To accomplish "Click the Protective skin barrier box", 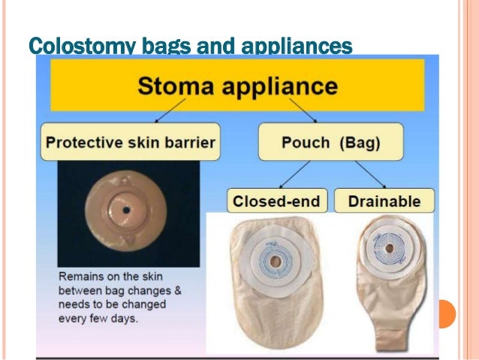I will tap(130, 142).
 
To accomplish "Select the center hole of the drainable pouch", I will tap(386, 245).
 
